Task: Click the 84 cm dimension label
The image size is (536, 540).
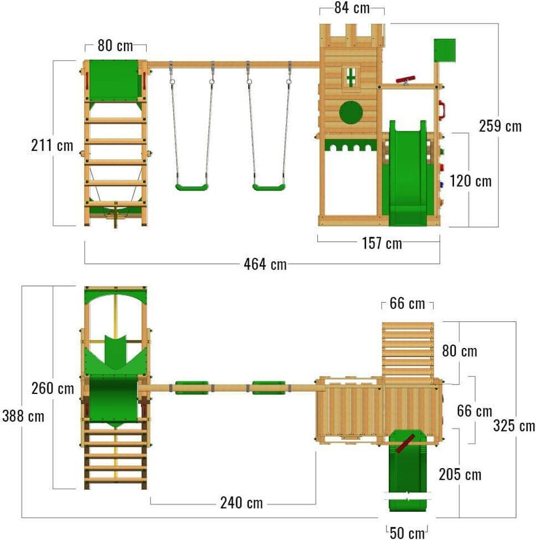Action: pos(352,8)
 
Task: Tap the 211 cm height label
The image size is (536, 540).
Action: pos(52,145)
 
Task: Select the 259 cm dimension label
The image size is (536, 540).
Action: pos(500,126)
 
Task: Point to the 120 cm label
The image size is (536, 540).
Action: pos(471,181)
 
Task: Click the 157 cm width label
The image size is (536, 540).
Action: pos(382,243)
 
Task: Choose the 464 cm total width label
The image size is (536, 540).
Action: pos(265,264)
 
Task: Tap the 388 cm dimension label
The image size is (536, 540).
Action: pos(23,416)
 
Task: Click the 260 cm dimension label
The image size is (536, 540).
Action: pos(53,388)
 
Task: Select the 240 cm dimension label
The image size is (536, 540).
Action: pos(241,503)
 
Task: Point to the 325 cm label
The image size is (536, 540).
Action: pos(514,425)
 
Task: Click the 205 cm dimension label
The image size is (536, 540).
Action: pos(460,475)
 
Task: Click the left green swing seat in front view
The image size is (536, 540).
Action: pos(192,187)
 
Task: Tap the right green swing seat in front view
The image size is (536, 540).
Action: pos(269,187)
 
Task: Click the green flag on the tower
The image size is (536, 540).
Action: pos(445,50)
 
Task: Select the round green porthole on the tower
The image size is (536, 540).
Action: pos(351,112)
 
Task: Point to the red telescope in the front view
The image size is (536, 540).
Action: pos(405,80)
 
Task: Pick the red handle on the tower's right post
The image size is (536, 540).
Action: pos(441,110)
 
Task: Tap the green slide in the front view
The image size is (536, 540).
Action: pos(408,173)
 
